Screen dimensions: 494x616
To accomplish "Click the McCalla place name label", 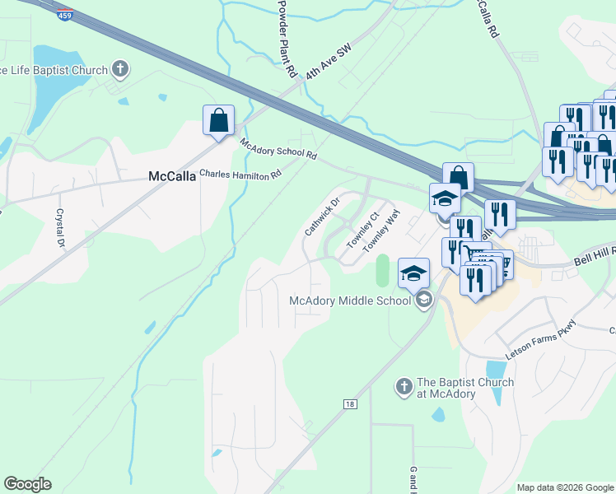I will [x=170, y=176].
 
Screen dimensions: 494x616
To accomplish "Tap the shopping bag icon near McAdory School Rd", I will [x=218, y=120].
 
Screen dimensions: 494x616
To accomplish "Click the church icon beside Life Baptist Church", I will [x=120, y=69].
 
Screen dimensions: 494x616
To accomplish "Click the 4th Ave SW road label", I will [x=328, y=63].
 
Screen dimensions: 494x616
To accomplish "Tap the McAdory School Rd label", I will [x=278, y=149].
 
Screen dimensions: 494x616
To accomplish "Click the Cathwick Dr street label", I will [x=322, y=216].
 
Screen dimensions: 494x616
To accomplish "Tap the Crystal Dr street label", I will [x=60, y=228].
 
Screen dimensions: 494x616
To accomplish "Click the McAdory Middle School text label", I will [x=350, y=301].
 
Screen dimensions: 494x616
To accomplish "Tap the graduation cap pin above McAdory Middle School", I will [x=413, y=273].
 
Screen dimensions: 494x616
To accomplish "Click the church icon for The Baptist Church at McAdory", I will [x=404, y=385].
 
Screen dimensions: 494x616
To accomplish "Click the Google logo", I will [x=27, y=484].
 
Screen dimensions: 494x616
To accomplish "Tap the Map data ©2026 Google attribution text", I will [x=564, y=487].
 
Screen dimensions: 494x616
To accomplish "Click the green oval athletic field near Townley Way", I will [x=381, y=270].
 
